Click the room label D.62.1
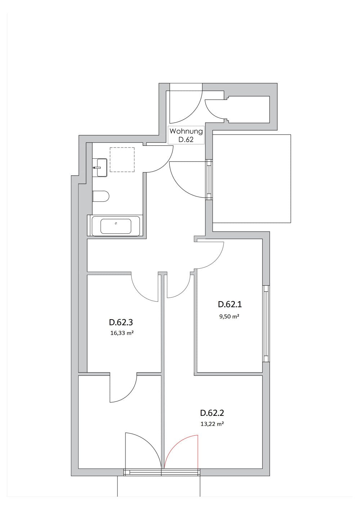point(230,304)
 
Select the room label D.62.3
point(121,322)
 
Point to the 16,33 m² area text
point(122,333)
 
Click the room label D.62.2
point(212,413)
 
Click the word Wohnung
point(186,131)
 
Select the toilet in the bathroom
point(101,196)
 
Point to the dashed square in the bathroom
point(122,160)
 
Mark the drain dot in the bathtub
point(116,223)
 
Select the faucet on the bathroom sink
point(95,168)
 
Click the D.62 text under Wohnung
point(186,140)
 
